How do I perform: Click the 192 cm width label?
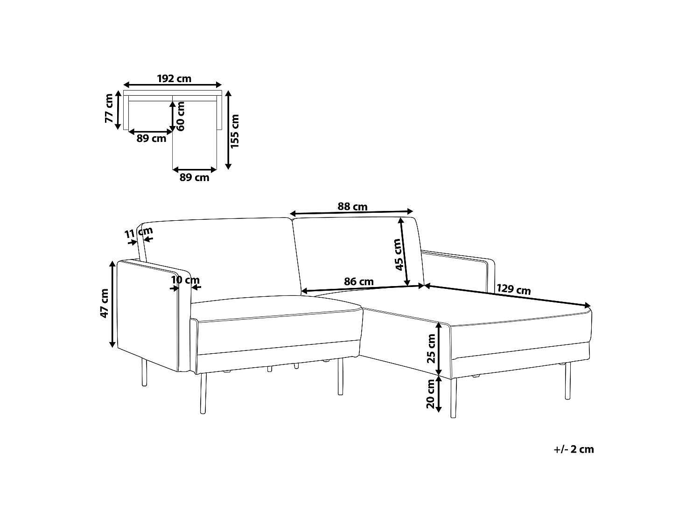(174, 78)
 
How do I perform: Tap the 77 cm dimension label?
(109, 108)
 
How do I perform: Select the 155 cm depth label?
(234, 131)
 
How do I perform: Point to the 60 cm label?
(181, 116)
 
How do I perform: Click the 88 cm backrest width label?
(352, 207)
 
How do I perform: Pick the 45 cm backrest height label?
(399, 255)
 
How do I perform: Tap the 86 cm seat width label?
(359, 281)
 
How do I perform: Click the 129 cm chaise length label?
(513, 289)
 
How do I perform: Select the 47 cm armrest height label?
(104, 303)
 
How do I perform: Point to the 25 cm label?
(431, 349)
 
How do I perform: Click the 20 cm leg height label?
(431, 394)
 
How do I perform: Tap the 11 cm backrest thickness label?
(139, 232)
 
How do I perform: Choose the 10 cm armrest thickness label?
(185, 280)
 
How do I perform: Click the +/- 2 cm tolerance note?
(574, 449)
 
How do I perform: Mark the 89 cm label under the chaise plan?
(194, 177)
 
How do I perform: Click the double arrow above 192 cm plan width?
(173, 84)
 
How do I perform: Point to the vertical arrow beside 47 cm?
(112, 304)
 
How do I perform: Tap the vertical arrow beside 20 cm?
(439, 394)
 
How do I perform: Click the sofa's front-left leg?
(203, 393)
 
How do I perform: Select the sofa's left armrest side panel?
(147, 315)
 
